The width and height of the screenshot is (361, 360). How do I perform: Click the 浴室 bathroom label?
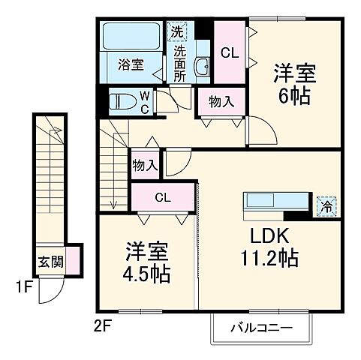131,65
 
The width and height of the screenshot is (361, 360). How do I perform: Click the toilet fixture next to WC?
122,101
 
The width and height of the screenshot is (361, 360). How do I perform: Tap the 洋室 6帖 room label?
293,85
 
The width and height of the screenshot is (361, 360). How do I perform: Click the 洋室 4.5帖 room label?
146,262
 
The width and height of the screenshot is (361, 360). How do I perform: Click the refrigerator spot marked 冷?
327,204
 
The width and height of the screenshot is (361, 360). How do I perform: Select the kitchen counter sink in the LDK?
265,201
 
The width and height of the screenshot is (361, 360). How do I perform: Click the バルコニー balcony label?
260,328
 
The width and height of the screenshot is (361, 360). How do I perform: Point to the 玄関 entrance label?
50,263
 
